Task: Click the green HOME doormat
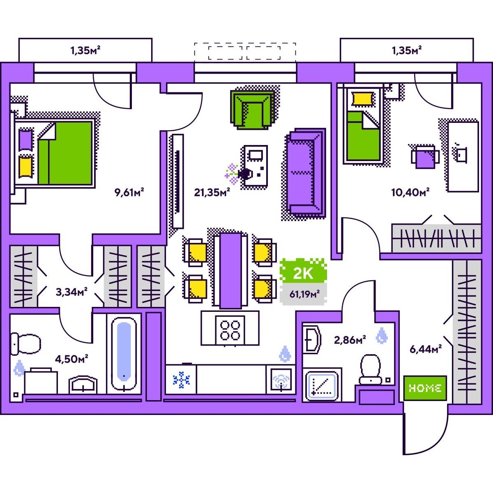[x=425, y=388]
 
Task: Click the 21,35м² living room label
[x=212, y=192]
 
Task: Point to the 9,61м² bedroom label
[x=129, y=192]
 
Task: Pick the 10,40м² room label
[x=410, y=192]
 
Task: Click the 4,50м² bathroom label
[x=71, y=359]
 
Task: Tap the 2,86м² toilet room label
[x=350, y=340]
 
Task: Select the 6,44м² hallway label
[x=426, y=349]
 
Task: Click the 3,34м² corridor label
[x=71, y=292]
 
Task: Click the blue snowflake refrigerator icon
[x=182, y=380]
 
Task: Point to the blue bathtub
[x=124, y=354]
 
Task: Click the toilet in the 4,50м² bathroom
[x=25, y=343]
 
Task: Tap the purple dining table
[x=230, y=270]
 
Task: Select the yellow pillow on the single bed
[x=362, y=99]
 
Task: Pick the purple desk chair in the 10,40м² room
[x=425, y=157]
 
